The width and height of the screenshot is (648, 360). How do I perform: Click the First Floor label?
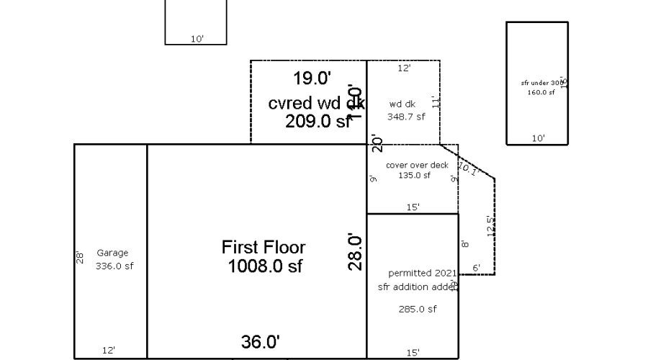coord(263,248)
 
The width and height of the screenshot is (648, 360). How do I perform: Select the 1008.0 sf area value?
coord(264,266)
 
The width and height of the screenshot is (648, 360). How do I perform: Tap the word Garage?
coord(112,253)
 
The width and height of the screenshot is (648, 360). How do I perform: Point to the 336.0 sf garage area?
coord(114,266)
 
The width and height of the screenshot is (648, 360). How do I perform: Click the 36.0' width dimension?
coord(260,342)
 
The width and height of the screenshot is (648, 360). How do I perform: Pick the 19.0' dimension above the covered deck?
coord(312,78)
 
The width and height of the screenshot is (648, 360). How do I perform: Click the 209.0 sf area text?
coord(318,122)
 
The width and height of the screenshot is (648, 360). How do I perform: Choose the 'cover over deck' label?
coord(417,165)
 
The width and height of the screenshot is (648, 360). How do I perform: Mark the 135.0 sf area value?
coord(414,175)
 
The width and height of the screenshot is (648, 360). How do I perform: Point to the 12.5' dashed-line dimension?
coord(490,225)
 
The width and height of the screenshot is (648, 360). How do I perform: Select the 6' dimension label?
coord(476,268)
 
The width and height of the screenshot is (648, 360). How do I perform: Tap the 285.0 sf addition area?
coord(418,310)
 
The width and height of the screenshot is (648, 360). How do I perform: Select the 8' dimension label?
coord(465,244)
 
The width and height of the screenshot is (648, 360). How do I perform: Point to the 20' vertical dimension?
coord(374,143)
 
